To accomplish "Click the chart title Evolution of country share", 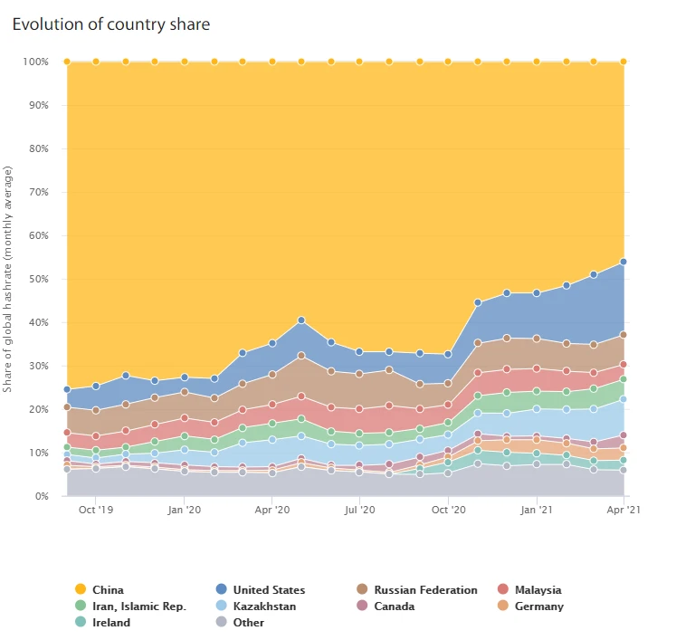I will (110, 24).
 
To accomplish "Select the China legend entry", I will (107, 590).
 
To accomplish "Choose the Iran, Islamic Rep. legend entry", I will (138, 607).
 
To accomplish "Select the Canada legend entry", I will (394, 607).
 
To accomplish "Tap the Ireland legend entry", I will (110, 623).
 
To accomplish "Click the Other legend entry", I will (248, 623).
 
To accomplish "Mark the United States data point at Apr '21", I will (624, 263).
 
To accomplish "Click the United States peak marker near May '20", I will (301, 320).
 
